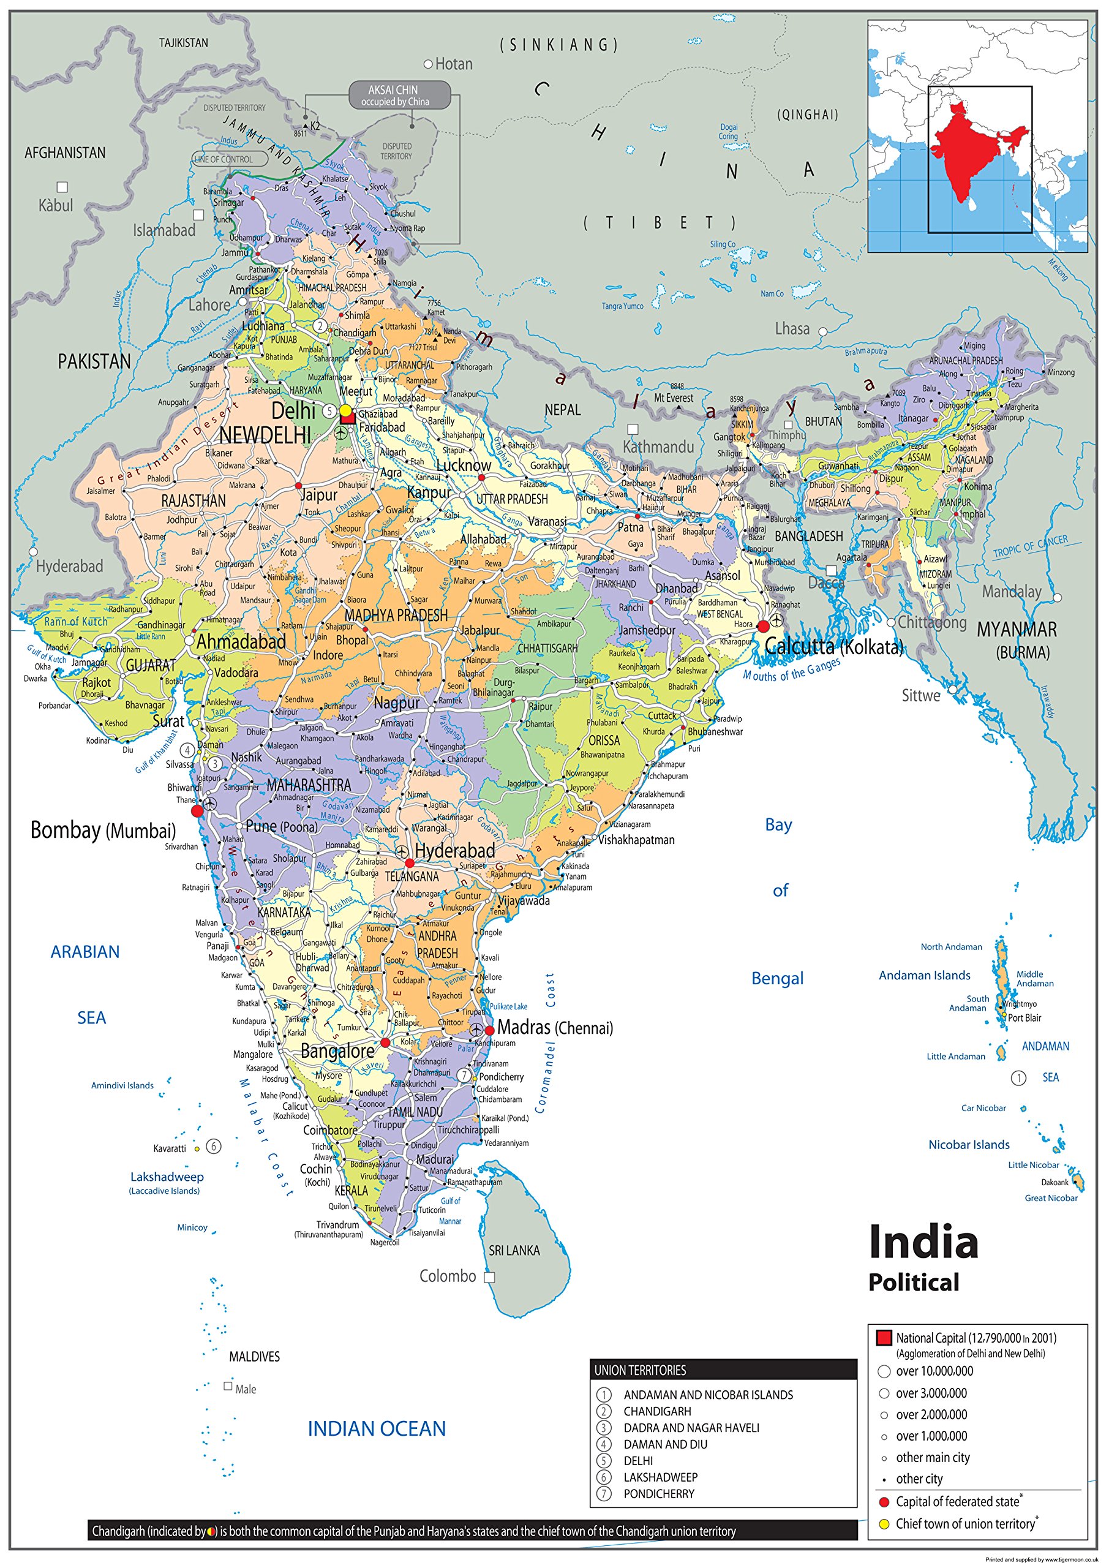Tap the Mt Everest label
674,398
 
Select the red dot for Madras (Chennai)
490,1031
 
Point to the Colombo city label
447,1276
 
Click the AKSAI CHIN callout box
399,95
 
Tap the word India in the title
923,1242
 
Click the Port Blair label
1024,1017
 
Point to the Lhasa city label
792,328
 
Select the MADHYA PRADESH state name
396,616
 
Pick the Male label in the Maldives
245,1389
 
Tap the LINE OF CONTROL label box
224,159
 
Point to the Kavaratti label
170,1148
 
